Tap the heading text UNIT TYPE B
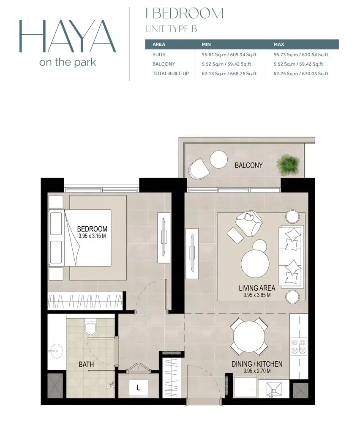pos(171,29)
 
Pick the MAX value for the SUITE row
pos(301,55)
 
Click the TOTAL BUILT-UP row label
pos(170,74)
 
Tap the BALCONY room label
pos(248,165)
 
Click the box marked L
pos(138,387)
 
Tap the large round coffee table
pos(255,264)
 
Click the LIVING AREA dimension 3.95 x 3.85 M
pos(256,295)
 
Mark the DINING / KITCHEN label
pos(257,364)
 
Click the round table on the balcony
pos(219,159)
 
